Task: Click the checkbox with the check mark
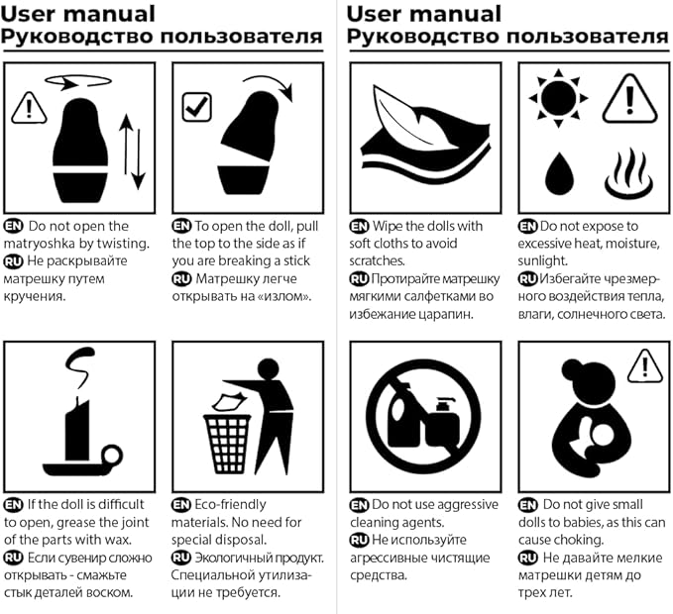[x=196, y=107]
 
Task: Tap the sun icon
[x=558, y=98]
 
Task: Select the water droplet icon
[x=559, y=172]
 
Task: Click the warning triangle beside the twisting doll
[x=29, y=108]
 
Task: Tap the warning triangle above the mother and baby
[x=645, y=366]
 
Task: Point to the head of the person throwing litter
[x=269, y=369]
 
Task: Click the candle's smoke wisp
[x=80, y=366]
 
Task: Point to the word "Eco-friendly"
[x=230, y=505]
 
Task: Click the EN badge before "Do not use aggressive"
[x=359, y=505]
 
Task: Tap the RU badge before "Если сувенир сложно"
[x=13, y=558]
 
